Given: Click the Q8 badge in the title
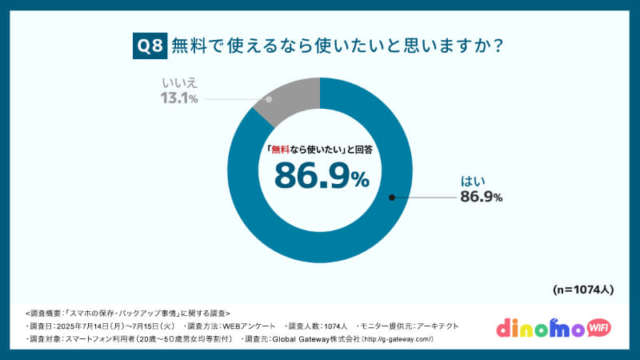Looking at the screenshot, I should [149, 46].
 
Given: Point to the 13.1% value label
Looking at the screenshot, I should [180, 99].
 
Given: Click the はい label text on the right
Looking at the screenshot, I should [473, 182].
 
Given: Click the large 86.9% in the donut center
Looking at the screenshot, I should [321, 176].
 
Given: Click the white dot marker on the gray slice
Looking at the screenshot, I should [269, 99].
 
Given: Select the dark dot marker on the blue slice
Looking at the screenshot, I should [391, 197].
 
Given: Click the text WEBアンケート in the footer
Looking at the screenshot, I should [252, 326].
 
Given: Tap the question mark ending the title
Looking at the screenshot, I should [498, 46].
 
